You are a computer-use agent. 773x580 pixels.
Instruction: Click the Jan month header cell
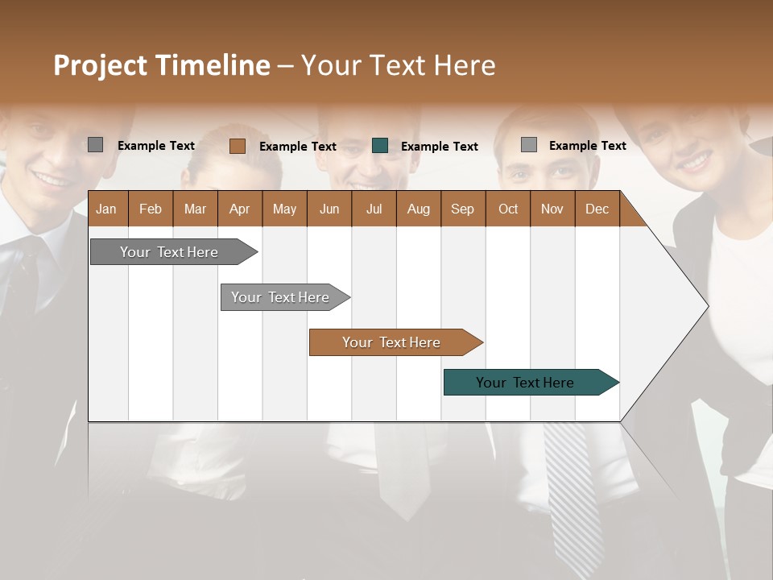click(x=107, y=209)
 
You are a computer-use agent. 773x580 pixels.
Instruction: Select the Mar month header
click(x=195, y=209)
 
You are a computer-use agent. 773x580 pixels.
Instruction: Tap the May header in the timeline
click(x=284, y=209)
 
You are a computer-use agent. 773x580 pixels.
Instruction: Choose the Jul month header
click(x=374, y=209)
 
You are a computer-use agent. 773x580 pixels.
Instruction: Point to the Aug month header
click(x=418, y=209)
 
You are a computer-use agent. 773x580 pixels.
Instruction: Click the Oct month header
click(x=507, y=209)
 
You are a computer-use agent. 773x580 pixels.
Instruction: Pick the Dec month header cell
click(x=597, y=209)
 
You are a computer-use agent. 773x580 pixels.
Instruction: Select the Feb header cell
click(x=151, y=209)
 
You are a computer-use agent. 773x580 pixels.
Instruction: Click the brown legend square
click(x=238, y=146)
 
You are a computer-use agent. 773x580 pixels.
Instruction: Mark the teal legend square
click(x=380, y=146)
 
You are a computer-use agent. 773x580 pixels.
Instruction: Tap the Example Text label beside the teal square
click(x=439, y=147)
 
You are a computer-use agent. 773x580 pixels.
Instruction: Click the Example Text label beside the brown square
click(x=297, y=147)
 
